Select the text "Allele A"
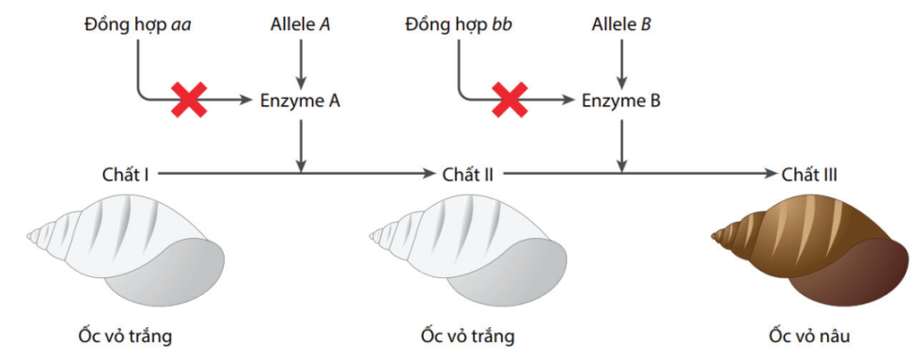(x=300, y=21)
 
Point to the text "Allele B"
(x=621, y=21)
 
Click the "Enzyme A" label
(x=300, y=99)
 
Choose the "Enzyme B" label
(x=621, y=99)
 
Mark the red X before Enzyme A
(x=189, y=99)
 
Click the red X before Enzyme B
(x=510, y=99)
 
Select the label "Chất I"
(x=127, y=174)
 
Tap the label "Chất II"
(x=461, y=174)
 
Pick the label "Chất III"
(x=810, y=174)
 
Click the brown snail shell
(x=818, y=249)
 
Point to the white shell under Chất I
(x=132, y=249)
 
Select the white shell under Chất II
(x=475, y=249)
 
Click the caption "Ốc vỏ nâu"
(x=811, y=335)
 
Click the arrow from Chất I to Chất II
(x=291, y=174)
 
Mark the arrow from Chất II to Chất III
(x=639, y=174)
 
